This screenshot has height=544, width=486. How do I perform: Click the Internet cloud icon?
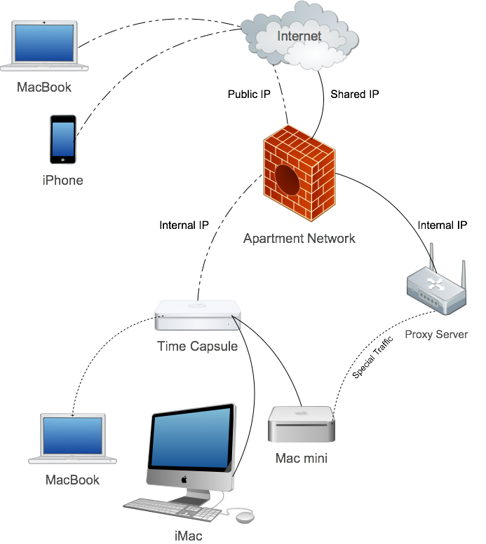(x=299, y=36)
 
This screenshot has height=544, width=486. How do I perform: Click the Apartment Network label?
(x=299, y=239)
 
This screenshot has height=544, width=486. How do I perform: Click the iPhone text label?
(x=62, y=181)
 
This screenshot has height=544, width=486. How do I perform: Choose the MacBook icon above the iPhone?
(x=45, y=46)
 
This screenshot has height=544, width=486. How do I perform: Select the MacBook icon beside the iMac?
(x=72, y=439)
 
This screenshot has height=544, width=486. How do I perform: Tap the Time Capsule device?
(x=199, y=315)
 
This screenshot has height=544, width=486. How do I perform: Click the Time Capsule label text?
(x=197, y=346)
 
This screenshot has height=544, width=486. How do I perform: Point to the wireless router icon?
(x=437, y=286)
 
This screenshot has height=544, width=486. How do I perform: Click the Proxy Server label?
(x=436, y=335)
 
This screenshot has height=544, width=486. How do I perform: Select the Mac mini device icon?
(x=302, y=424)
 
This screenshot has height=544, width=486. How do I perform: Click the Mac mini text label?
(x=302, y=459)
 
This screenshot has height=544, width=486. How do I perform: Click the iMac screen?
(x=191, y=439)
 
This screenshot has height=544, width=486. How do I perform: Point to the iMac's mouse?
(x=244, y=517)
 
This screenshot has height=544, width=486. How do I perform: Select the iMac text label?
(x=189, y=536)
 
